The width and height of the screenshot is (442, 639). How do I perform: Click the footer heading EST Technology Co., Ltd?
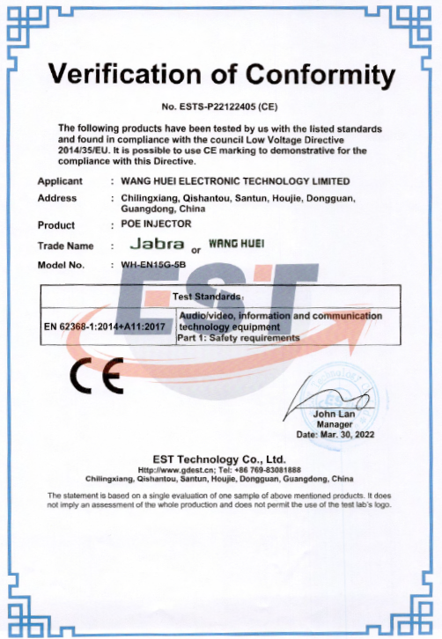(220, 459)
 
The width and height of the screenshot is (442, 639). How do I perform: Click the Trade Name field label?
(65, 246)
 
